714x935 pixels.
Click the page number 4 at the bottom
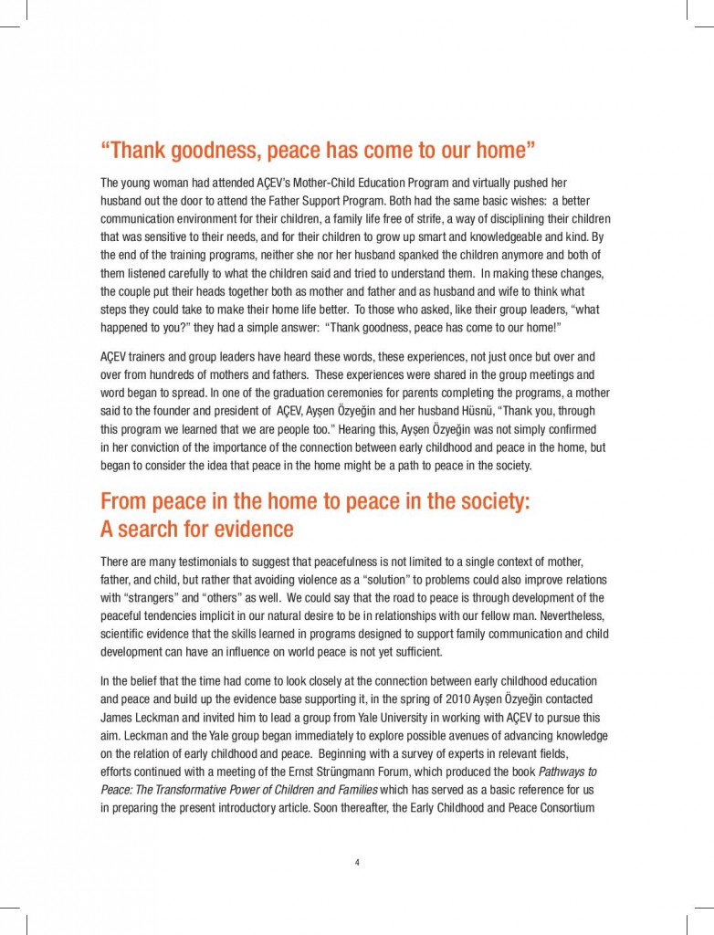(x=357, y=861)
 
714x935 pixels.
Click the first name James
(x=120, y=717)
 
